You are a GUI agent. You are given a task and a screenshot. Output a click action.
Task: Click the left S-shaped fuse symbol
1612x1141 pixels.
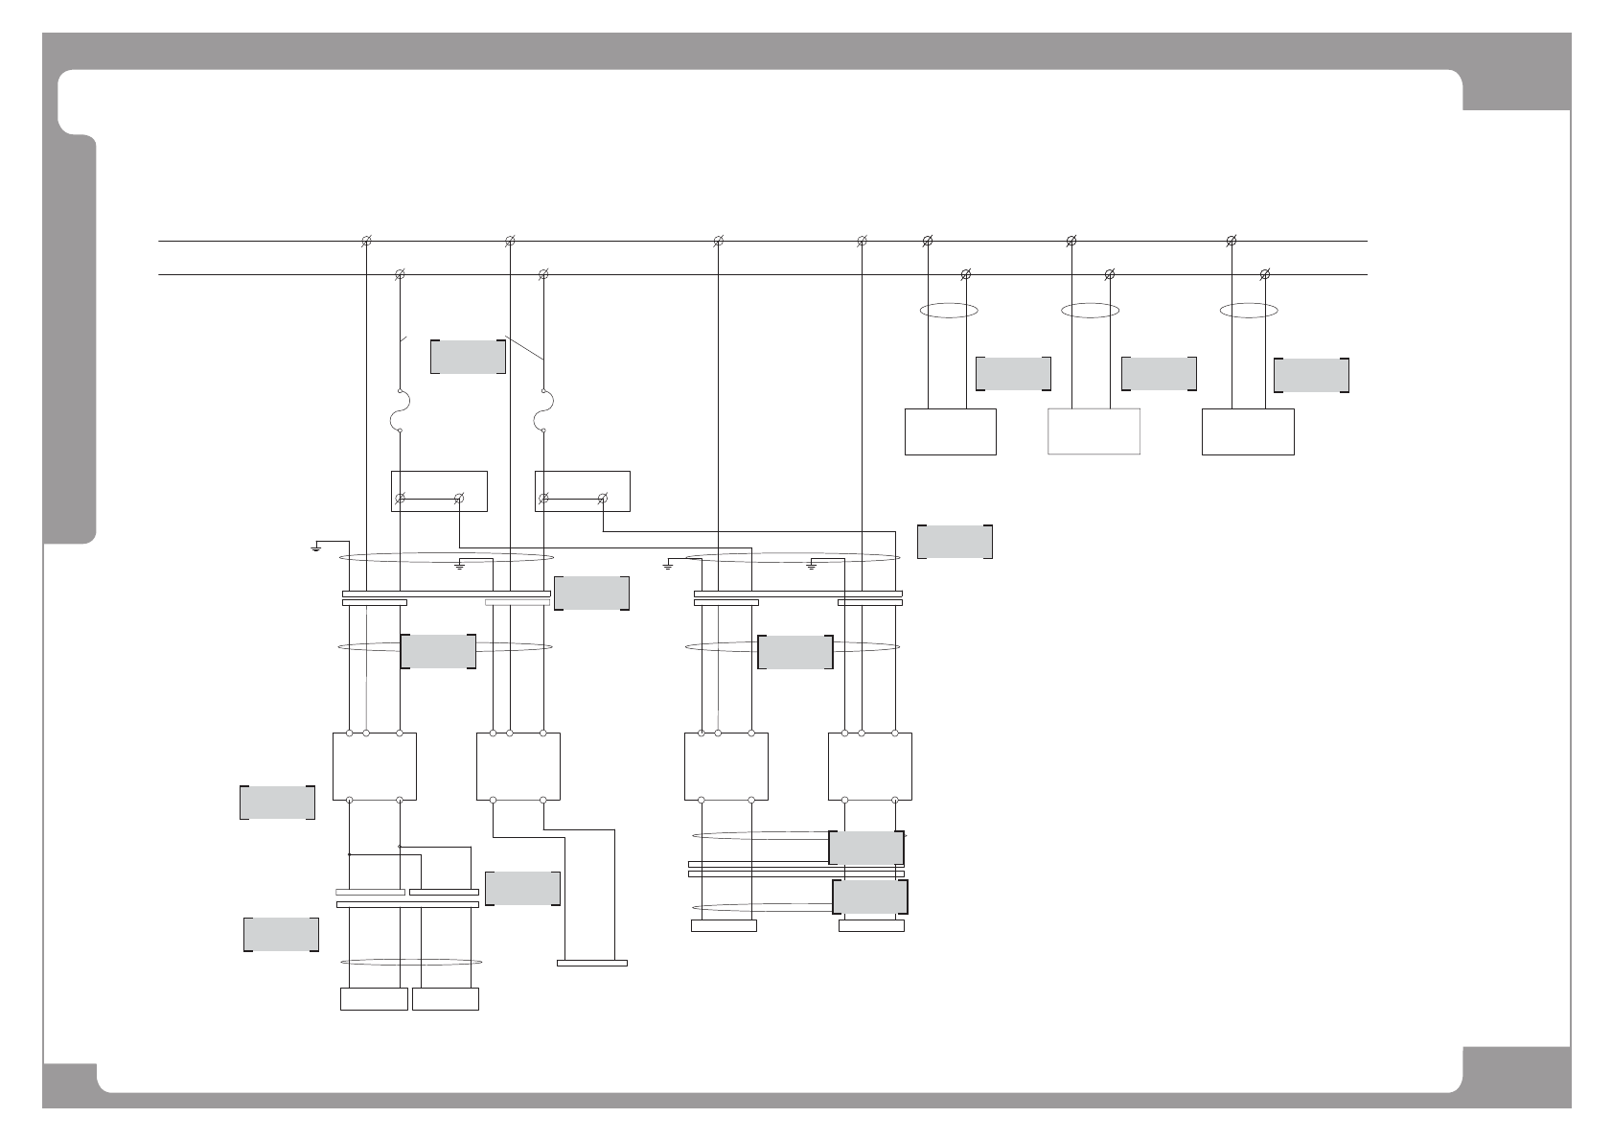point(400,411)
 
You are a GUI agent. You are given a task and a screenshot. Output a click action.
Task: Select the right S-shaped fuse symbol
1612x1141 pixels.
point(543,411)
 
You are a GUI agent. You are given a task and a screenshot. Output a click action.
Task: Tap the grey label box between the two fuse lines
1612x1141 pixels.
point(469,356)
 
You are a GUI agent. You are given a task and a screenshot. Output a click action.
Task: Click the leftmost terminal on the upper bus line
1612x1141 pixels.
point(366,241)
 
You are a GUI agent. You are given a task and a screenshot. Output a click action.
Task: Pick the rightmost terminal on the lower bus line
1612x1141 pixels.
point(1265,275)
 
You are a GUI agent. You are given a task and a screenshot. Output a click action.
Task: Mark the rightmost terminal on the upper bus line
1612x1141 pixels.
point(1232,241)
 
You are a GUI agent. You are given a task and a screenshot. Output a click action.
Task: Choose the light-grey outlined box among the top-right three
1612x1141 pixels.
point(1094,431)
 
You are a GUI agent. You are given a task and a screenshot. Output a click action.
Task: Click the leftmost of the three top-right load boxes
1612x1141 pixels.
point(951,431)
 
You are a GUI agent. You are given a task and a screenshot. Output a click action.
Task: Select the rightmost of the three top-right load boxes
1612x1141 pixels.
point(1248,431)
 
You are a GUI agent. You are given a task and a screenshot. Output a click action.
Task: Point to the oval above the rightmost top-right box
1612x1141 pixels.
point(1248,310)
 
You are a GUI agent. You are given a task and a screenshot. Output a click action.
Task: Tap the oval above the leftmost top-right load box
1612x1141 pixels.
point(948,310)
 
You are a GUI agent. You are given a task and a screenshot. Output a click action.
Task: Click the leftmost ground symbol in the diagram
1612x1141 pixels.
point(316,548)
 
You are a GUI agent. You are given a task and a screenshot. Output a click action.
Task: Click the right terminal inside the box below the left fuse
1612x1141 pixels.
point(459,498)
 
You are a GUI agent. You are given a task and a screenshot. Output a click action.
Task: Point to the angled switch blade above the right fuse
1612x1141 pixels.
point(524,347)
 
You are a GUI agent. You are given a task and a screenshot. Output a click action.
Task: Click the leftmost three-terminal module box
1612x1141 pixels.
point(374,766)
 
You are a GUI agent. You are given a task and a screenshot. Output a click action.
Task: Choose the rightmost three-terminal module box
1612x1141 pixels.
point(869,766)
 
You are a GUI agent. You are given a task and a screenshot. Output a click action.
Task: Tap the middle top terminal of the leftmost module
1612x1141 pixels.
point(366,733)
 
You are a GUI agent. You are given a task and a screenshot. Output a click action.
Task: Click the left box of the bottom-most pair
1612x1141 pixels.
point(374,999)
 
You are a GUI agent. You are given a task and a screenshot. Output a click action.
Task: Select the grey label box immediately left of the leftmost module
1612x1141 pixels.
point(277,803)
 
